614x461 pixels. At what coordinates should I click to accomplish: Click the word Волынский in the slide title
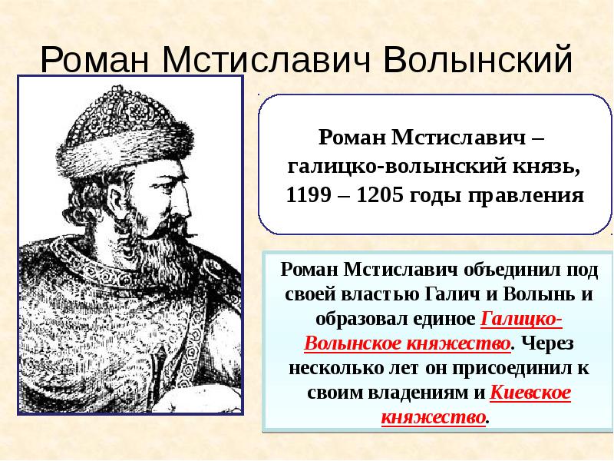(477, 60)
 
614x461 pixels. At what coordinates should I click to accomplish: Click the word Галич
(445, 294)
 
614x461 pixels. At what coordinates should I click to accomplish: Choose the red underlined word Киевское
(530, 393)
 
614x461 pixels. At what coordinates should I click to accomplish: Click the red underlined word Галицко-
(522, 319)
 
